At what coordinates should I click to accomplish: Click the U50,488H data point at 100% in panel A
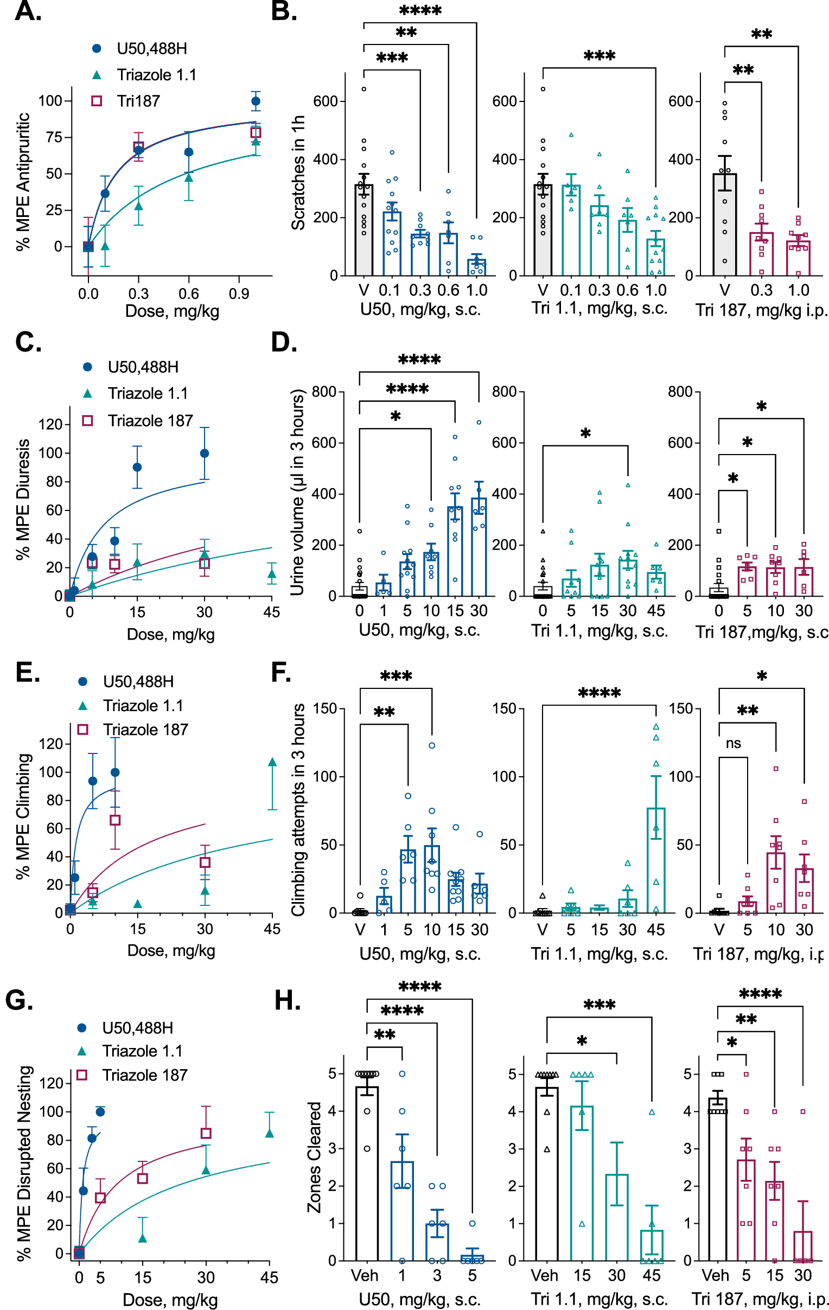(256, 101)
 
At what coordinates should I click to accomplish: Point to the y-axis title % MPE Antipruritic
(23, 182)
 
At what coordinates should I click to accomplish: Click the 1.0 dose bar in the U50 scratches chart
(476, 267)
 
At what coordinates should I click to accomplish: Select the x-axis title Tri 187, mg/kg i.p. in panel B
(761, 310)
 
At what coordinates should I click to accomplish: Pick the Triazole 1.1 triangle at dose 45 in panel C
(272, 574)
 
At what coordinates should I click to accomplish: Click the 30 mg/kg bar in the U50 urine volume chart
(479, 547)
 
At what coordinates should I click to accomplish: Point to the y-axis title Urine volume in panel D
(297, 495)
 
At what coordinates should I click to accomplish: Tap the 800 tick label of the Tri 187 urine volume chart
(680, 392)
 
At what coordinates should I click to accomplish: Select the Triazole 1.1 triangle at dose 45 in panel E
(272, 762)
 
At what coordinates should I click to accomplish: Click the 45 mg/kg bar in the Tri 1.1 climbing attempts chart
(656, 860)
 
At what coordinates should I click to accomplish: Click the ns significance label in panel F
(734, 743)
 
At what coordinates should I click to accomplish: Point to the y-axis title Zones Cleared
(315, 1156)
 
